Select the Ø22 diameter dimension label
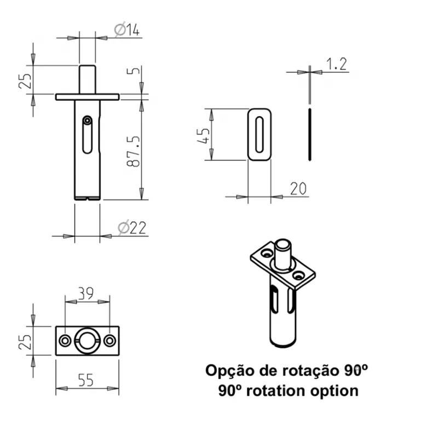click(x=132, y=228)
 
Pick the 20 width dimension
click(x=297, y=189)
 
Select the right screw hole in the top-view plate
click(x=109, y=340)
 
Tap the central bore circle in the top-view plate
click(x=88, y=340)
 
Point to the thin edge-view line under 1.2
click(x=310, y=135)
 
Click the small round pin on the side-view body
click(x=87, y=119)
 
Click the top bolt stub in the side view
click(x=87, y=79)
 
